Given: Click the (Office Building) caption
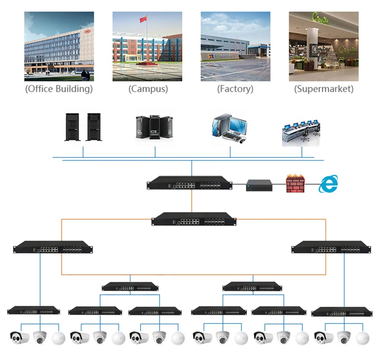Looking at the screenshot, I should (59, 89).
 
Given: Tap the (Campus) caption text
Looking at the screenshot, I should (148, 89).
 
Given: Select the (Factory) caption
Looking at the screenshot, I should (235, 89).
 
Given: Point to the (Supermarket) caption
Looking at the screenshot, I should (323, 89).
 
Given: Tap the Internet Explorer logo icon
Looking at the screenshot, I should (329, 184).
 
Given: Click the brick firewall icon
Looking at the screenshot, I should (295, 184).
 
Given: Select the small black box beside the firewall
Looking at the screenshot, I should (261, 186).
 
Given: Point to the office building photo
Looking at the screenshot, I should (59, 46).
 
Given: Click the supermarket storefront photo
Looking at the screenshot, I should (323, 46).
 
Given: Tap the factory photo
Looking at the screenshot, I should (235, 46).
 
